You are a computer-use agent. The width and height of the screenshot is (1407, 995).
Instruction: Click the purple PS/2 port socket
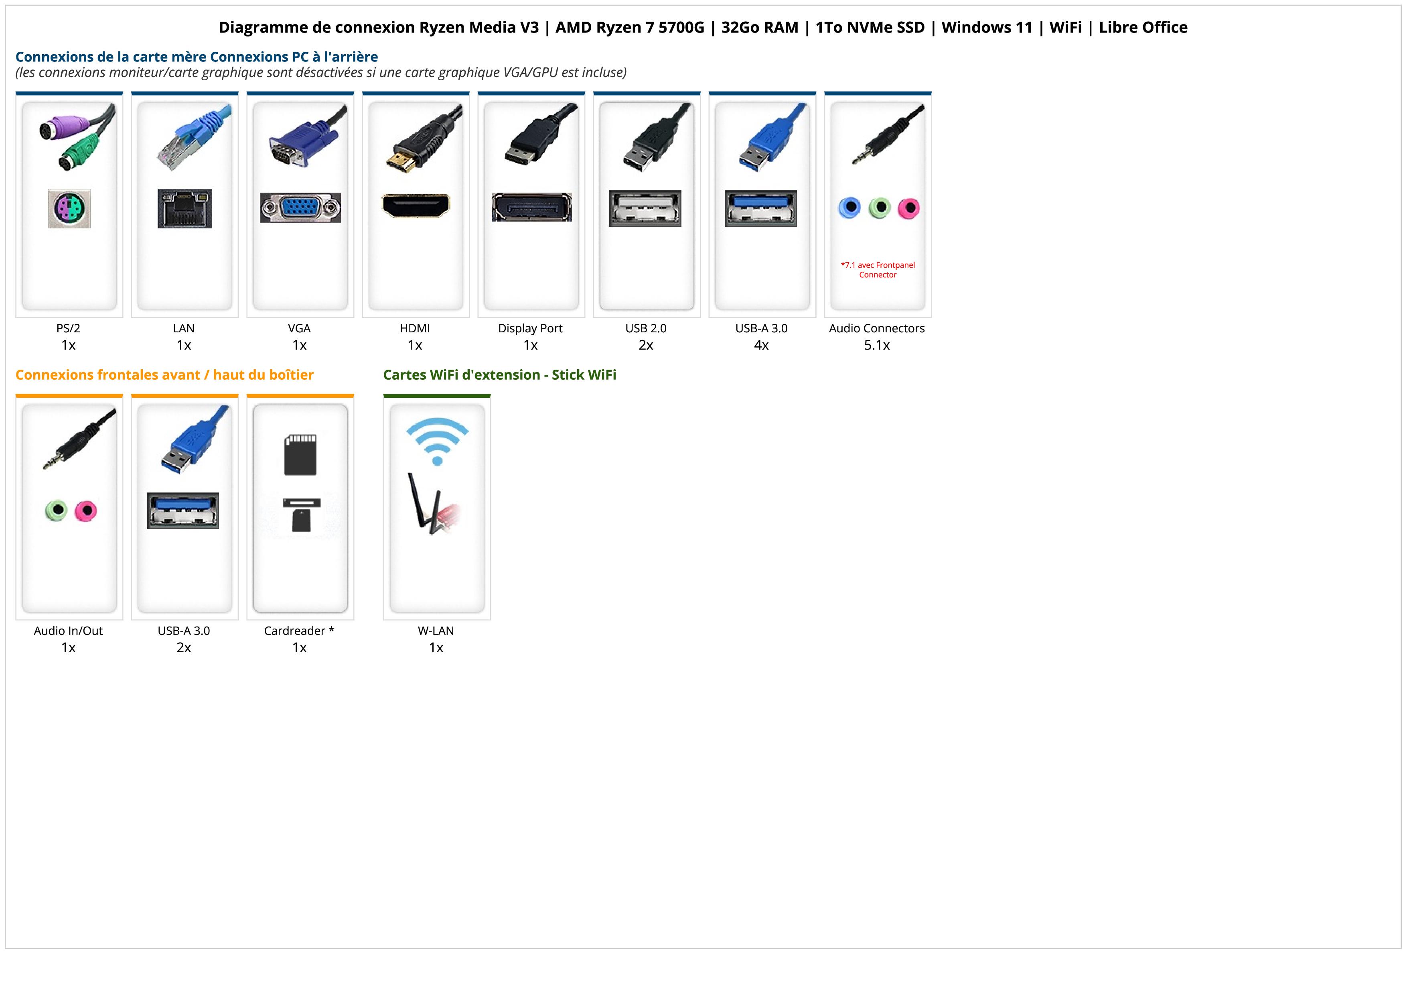point(69,209)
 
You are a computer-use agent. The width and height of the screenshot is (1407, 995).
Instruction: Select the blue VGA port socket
point(300,208)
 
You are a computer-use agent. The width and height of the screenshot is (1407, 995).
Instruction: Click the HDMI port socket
point(416,206)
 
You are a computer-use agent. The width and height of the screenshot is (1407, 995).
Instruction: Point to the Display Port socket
point(531,207)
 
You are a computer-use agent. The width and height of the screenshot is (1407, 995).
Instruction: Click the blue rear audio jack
point(849,208)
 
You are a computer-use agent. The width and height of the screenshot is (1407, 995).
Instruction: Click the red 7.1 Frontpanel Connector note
point(878,270)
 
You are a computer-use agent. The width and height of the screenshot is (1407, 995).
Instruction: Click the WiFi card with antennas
point(434,506)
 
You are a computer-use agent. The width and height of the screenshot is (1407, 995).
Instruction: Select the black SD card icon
point(300,455)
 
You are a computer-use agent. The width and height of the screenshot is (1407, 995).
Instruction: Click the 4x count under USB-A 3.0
point(761,345)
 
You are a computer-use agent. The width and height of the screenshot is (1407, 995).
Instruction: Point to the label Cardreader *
point(299,631)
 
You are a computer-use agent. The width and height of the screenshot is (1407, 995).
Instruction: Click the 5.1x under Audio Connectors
point(877,345)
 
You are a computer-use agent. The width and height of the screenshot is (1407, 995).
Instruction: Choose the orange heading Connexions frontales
point(164,374)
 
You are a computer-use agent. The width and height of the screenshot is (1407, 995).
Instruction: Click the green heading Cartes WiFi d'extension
point(499,374)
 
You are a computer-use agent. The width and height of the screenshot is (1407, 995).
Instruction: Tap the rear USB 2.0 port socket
point(645,208)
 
